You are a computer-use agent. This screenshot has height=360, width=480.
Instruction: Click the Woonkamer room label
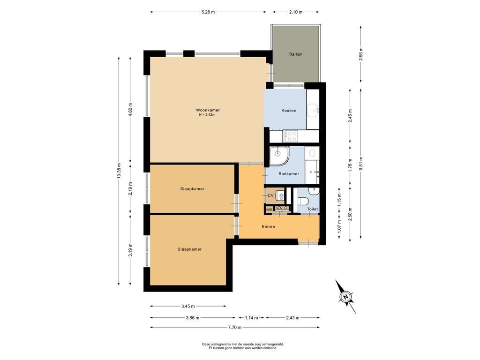(208, 110)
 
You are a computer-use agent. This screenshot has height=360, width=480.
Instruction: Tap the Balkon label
(296, 54)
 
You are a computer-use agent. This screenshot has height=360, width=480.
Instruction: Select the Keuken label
(289, 111)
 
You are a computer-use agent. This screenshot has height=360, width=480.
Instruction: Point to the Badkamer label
(289, 174)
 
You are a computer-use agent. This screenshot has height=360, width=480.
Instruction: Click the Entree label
(268, 227)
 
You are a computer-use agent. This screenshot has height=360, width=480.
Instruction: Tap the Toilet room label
(313, 209)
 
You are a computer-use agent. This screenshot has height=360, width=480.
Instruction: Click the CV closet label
(270, 195)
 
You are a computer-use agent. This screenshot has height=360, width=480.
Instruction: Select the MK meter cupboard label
(270, 210)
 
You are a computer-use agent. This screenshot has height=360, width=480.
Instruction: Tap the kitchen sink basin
(313, 110)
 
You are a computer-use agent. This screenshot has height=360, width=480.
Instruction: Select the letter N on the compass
(346, 297)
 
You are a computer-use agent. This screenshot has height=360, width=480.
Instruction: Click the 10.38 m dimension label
(119, 171)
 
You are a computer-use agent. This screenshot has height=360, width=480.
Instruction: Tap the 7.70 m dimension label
(235, 327)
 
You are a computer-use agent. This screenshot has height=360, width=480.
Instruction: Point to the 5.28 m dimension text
(208, 12)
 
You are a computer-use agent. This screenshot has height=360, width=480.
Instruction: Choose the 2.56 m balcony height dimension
(361, 54)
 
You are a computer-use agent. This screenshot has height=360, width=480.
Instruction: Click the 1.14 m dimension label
(251, 318)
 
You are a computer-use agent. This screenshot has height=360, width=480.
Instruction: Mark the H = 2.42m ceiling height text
(207, 115)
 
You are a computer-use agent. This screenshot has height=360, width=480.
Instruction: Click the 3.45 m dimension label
(188, 306)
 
